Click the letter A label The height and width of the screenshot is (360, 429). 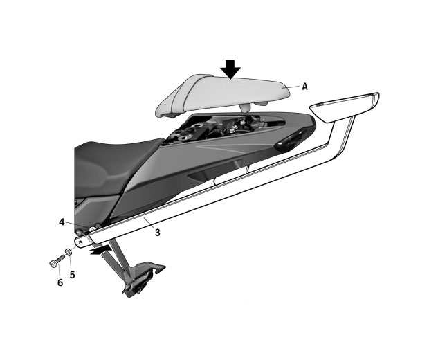pos(304,87)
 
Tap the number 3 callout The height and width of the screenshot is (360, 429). pos(157,233)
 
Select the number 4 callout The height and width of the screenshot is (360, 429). pos(62,222)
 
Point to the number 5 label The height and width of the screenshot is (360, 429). pos(72,275)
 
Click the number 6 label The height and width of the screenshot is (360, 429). pos(60,282)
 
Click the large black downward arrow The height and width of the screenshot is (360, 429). pos(230,69)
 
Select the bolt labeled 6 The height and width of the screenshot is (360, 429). pos(56,260)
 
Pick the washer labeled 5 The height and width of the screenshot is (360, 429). pos(69,252)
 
